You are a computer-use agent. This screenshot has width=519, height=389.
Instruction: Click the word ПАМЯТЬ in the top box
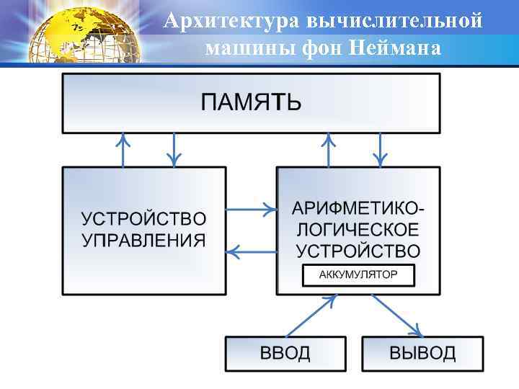pos(251,103)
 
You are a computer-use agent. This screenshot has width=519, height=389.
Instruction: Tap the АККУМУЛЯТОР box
pos(358,275)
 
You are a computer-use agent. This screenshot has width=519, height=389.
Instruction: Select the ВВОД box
pos(285,353)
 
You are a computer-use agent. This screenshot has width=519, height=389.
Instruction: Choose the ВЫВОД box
pos(422,353)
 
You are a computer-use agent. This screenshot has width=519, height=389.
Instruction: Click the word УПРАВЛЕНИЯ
pos(143,241)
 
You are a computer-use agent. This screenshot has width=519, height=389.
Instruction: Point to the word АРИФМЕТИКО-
pos(358,209)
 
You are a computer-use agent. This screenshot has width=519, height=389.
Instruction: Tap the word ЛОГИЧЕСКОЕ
pos(358,230)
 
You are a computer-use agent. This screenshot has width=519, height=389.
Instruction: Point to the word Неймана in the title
pos(394,49)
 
